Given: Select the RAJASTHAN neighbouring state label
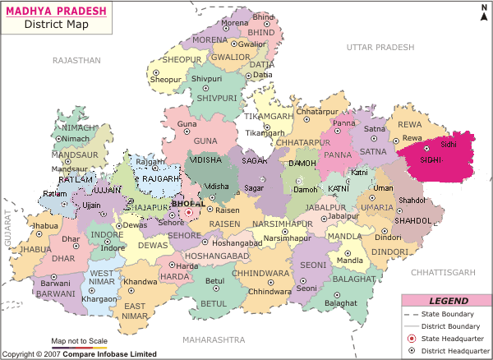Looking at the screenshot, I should [76, 61].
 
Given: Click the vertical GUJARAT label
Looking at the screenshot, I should [7, 223].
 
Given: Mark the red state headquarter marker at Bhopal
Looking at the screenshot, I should [188, 212].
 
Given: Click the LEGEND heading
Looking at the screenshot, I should [449, 301].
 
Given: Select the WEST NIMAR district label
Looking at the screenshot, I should [101, 277].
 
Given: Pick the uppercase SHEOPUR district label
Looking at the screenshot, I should [182, 60].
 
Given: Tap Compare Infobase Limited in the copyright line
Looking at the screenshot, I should [113, 354].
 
